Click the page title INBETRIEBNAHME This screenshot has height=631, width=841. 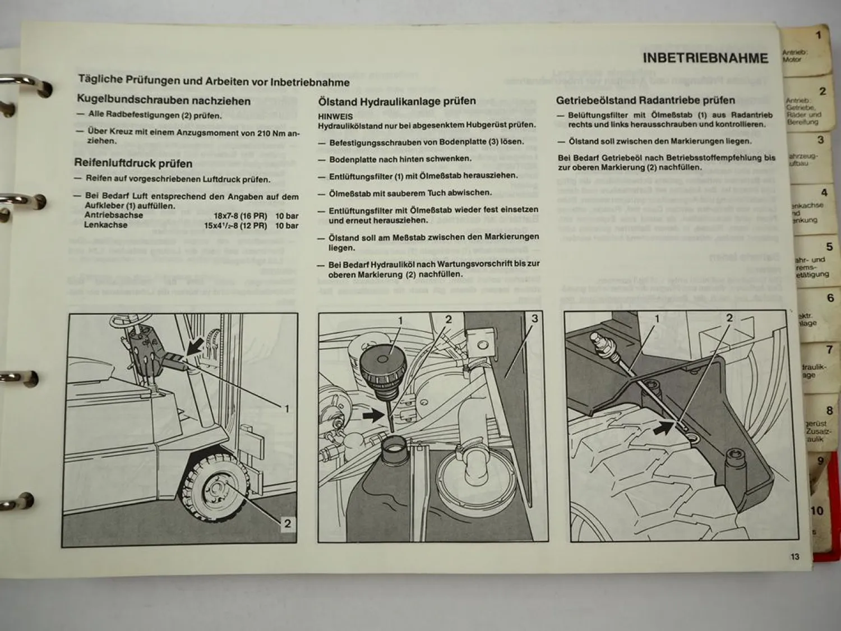point(705,58)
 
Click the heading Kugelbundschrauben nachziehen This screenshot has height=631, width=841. point(163,100)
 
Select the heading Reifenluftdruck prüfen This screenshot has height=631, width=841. point(133,163)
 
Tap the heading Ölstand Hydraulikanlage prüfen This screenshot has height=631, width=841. point(396,102)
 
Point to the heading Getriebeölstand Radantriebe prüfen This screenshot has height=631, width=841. point(645,100)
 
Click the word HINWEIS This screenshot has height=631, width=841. point(335,117)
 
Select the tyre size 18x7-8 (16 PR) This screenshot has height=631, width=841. point(240,216)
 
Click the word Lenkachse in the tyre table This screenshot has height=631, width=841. point(105,225)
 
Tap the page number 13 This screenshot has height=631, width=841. point(794,556)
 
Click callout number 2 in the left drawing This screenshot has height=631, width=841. point(287,523)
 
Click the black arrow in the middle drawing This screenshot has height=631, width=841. point(371,416)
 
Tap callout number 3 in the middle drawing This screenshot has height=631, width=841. point(534,319)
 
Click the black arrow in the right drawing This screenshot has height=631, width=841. point(663,428)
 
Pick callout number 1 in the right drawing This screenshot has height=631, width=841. point(657,319)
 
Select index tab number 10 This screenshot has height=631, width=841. point(817,510)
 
